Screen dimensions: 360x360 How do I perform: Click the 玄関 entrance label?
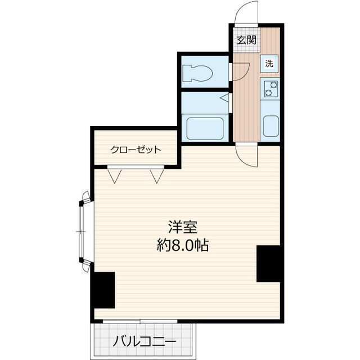point(246,40)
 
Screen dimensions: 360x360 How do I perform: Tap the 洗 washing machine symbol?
point(269,64)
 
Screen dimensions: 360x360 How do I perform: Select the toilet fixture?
point(197,73)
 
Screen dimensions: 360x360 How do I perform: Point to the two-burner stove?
point(271,89)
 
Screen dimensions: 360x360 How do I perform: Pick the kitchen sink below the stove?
point(271,126)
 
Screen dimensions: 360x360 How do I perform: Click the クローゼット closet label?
point(136,150)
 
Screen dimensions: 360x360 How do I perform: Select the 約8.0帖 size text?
point(182,246)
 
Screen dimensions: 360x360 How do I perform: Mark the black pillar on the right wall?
point(268,263)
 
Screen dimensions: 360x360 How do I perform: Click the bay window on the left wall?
point(83,231)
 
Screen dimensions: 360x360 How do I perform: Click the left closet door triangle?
point(116,176)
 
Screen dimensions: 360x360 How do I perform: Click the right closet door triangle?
point(157,176)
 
